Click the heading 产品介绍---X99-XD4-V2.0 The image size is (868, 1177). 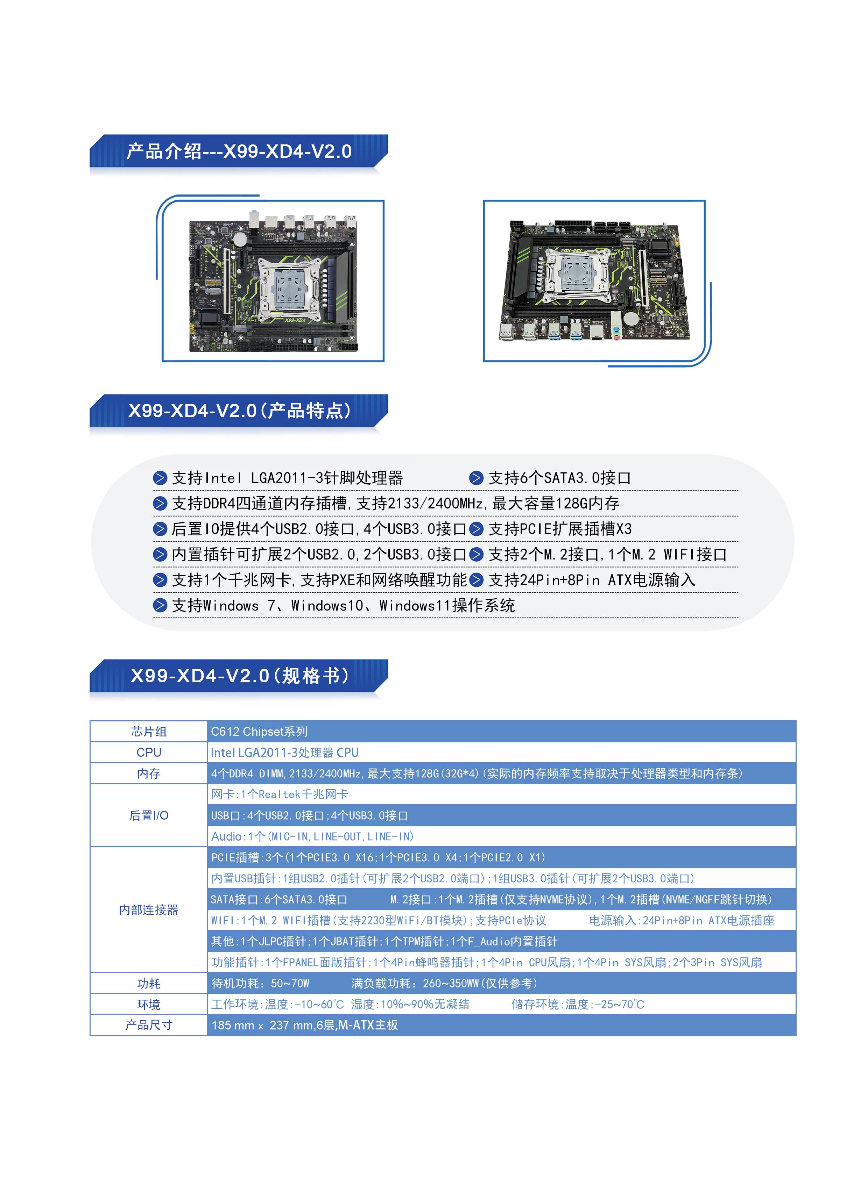[x=239, y=151]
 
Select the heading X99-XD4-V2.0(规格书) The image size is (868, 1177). [x=240, y=676]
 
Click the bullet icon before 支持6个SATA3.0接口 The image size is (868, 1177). [x=476, y=478]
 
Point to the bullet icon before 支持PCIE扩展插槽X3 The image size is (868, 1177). [x=476, y=529]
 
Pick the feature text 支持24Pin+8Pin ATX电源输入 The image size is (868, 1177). [x=592, y=580]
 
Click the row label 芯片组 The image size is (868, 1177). [x=149, y=732]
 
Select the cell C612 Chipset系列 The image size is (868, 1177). [x=259, y=732]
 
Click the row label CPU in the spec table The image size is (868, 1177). [x=149, y=752]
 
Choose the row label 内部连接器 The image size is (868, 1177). [x=149, y=909]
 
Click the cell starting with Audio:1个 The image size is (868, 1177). [x=313, y=836]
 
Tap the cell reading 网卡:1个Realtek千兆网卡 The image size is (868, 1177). [x=280, y=794]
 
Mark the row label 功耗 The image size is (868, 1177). [x=149, y=983]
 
